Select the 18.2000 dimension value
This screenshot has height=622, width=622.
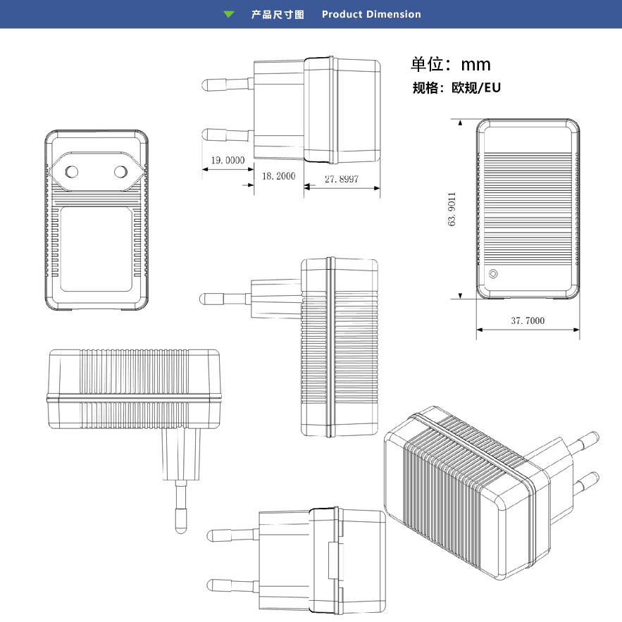point(278,175)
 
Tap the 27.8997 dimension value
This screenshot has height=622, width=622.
point(342,179)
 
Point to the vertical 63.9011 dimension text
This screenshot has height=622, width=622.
point(452,209)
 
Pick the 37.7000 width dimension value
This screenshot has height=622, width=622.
point(527,321)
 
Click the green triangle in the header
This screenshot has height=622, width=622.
point(228,14)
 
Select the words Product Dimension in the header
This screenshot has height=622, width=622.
point(371,14)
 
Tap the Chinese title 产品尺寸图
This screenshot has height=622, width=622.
point(278,14)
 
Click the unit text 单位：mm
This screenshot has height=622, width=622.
point(451,65)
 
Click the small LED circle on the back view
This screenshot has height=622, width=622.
point(493,274)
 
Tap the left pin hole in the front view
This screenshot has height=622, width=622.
point(71,170)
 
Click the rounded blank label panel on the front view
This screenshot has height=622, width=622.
point(96,250)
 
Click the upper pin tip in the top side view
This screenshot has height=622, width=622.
point(207,85)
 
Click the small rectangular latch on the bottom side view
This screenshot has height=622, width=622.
point(332,562)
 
